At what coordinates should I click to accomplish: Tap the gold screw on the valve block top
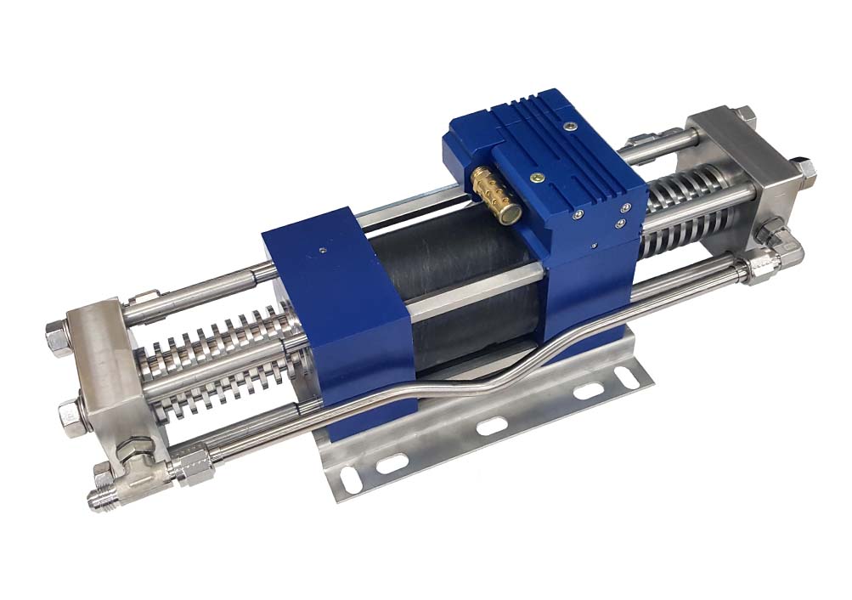pos(536,178)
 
